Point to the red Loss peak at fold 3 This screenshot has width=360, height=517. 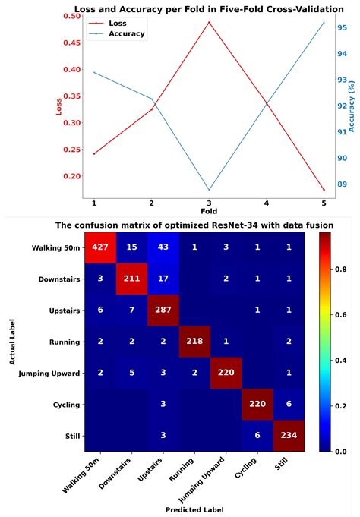pyautogui.click(x=209, y=23)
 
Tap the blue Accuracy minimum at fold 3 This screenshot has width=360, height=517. pyautogui.click(x=209, y=190)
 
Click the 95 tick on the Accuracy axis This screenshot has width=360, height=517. pyautogui.click(x=343, y=28)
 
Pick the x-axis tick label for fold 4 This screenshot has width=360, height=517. pyautogui.click(x=267, y=203)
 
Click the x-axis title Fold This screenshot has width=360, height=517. pyautogui.click(x=209, y=210)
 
